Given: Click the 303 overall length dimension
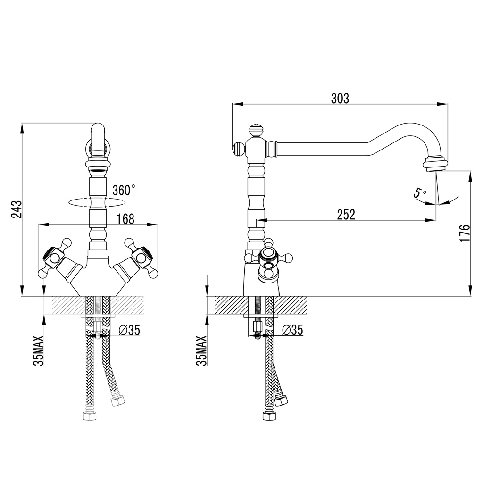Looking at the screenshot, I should tap(340, 98).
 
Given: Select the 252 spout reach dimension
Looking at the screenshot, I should tap(346, 214).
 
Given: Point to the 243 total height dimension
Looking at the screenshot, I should tap(17, 209).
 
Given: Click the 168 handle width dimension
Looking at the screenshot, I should tap(125, 219).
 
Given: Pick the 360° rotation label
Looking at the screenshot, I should tap(124, 190).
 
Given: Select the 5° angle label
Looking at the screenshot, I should tap(419, 193).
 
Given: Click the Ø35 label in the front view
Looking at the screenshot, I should tap(129, 330).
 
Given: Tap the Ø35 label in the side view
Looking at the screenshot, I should tap(292, 330).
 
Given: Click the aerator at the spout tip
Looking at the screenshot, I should tap(435, 165).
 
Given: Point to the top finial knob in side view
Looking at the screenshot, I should tap(255, 129).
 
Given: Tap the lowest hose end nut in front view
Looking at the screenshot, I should tap(88, 416).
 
